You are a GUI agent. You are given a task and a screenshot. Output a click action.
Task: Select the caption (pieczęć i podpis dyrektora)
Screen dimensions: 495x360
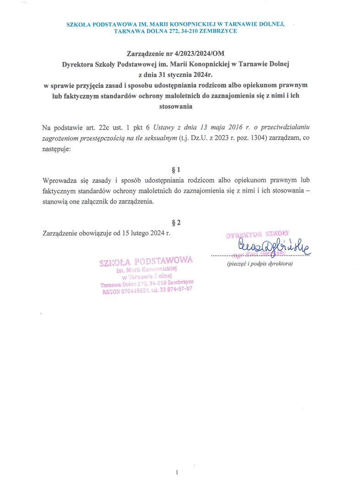pyautogui.click(x=260, y=264)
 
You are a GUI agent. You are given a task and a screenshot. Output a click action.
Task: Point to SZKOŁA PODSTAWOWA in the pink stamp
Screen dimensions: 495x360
pyautogui.click(x=146, y=261)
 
